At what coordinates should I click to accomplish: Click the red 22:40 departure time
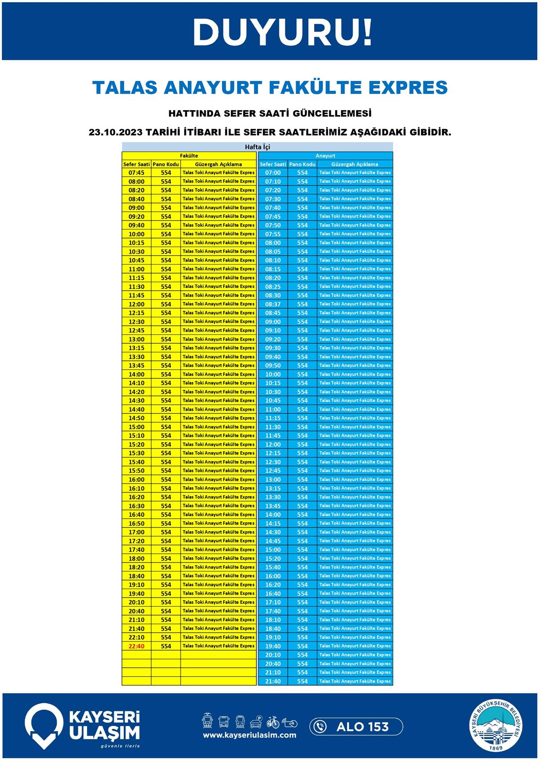pos(136,646)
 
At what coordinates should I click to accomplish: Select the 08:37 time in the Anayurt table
pos(273,304)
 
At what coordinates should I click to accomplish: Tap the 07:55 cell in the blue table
pos(273,234)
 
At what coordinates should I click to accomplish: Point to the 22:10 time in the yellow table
pos(136,637)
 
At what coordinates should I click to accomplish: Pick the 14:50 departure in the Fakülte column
pos(136,418)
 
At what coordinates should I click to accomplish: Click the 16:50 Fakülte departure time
pos(136,523)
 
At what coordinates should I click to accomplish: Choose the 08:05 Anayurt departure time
pos(273,251)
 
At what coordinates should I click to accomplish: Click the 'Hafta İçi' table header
pos(257,147)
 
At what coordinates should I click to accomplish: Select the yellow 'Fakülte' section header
pos(189,156)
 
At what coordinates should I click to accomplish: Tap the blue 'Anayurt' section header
pos(325,156)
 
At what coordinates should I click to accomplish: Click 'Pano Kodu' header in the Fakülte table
pos(166,164)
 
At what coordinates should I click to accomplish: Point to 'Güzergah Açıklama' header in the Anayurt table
pos(355,164)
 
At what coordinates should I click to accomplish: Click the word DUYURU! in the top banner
pos(283,32)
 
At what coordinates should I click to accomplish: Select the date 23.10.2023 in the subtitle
pos(116,132)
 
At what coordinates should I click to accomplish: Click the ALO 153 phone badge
pos(356,727)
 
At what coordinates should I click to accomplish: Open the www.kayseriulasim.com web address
pos(249,735)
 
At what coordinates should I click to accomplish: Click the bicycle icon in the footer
pos(273,722)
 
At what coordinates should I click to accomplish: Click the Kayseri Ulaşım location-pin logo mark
pos(44,725)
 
